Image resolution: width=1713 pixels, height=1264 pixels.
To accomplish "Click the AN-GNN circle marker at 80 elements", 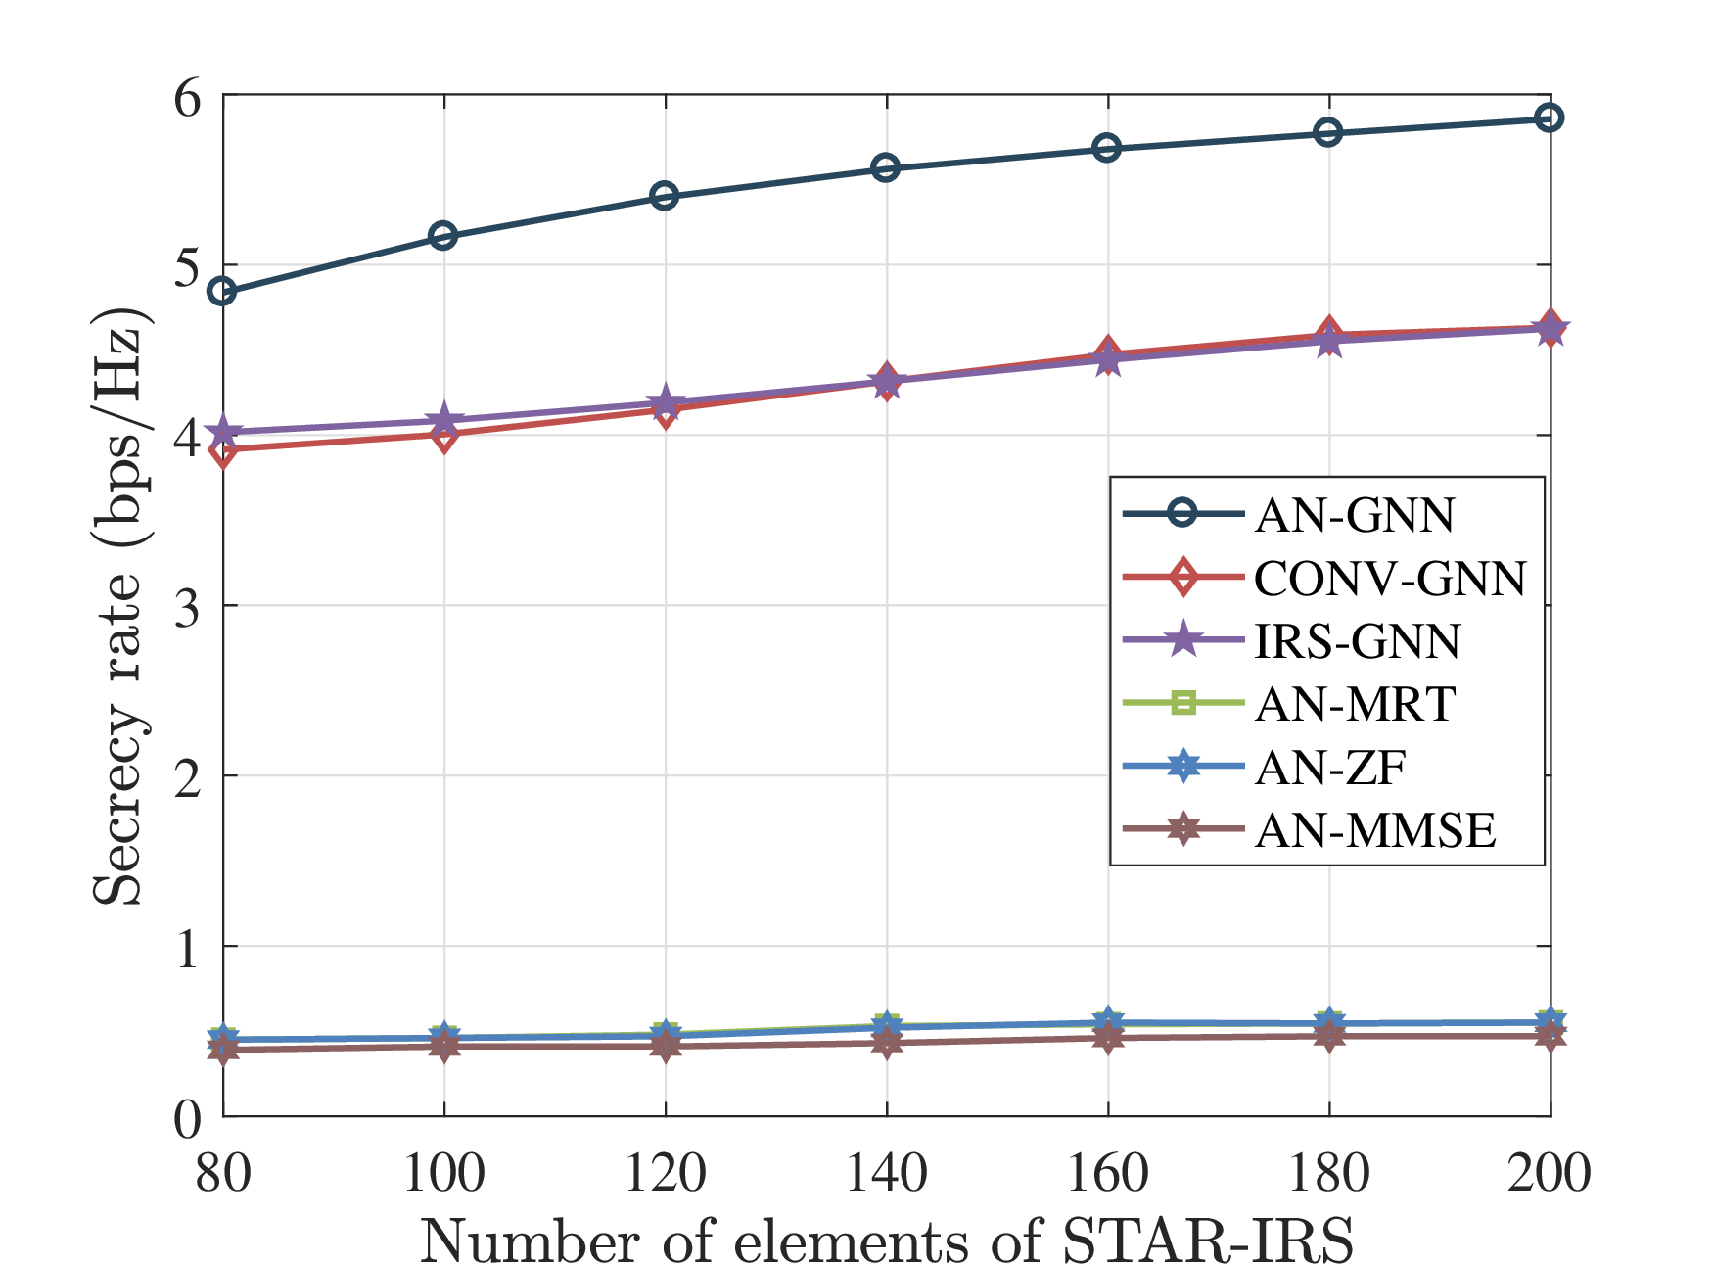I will (223, 291).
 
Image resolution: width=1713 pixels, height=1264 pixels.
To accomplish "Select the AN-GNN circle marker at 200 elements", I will (1550, 118).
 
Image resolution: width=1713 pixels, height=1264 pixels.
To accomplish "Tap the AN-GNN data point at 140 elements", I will (886, 168).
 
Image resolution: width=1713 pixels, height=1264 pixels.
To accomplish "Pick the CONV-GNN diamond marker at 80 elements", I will (223, 450).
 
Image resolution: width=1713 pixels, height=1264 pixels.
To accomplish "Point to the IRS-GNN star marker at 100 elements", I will (443, 421).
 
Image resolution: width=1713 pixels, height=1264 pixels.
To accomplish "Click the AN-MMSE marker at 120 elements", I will (666, 1047).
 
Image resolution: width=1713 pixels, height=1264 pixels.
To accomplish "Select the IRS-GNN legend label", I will (1358, 641).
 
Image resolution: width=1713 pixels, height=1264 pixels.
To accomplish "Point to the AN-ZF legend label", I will (1330, 768).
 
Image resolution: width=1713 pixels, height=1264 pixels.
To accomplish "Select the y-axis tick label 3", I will (187, 608).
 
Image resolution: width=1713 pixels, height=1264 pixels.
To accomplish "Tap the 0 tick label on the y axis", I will (187, 1118).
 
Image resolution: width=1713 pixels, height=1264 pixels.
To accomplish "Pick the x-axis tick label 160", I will (1107, 1172).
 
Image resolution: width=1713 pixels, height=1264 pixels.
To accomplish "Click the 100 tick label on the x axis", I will (443, 1172).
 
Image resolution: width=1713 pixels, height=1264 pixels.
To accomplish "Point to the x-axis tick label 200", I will (1550, 1172).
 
